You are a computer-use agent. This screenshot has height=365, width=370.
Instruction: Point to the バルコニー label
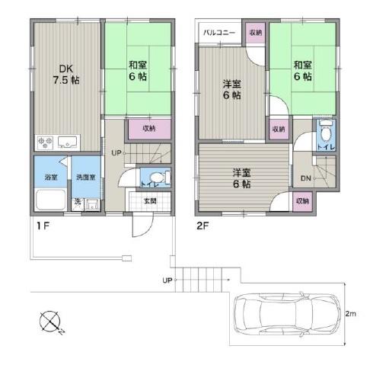click(x=220, y=32)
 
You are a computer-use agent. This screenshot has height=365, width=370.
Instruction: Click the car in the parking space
click(x=282, y=312)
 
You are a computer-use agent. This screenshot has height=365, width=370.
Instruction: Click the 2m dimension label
click(x=352, y=313)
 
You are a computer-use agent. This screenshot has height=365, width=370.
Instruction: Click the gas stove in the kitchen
click(x=43, y=141)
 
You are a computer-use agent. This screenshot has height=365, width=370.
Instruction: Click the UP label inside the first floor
click(x=116, y=152)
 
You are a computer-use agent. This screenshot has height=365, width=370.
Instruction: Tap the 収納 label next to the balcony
click(x=255, y=32)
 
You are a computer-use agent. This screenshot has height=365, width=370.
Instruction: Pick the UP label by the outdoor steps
click(x=166, y=281)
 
